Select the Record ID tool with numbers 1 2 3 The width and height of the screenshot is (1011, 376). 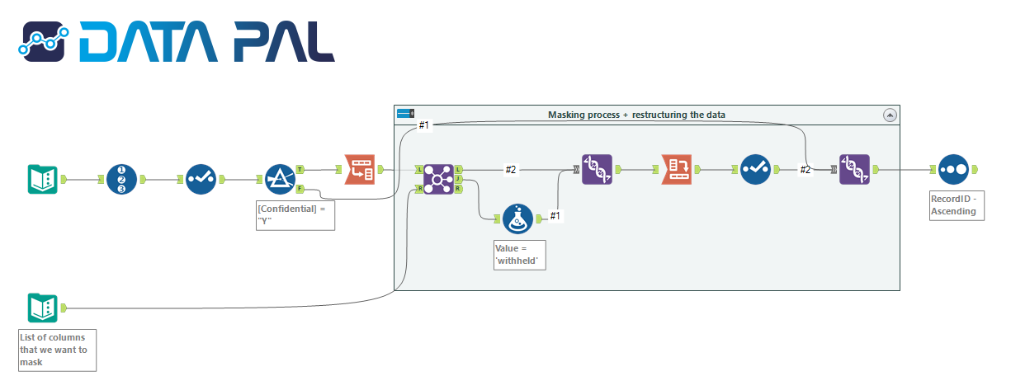[x=121, y=179]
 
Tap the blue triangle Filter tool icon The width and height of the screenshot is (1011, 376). [x=280, y=179]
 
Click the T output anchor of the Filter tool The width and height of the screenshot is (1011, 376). [x=300, y=169]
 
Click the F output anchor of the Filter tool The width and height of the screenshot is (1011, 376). [x=300, y=189]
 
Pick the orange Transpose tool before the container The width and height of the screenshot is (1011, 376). [x=359, y=170]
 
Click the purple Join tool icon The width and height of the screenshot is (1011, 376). [x=437, y=179]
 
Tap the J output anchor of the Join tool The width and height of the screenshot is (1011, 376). [x=458, y=179]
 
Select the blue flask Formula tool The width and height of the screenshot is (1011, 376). [x=517, y=219]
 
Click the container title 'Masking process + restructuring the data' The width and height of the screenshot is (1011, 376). [x=636, y=115]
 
